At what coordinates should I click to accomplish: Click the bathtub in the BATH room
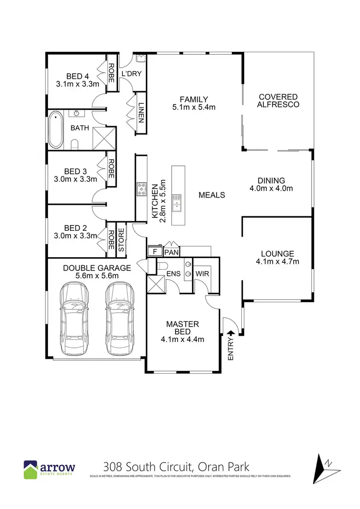pyautogui.click(x=55, y=130)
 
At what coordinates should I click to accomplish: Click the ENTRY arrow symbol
pyautogui.click(x=230, y=333)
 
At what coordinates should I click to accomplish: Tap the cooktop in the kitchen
pyautogui.click(x=142, y=189)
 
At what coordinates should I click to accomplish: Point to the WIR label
pyautogui.click(x=201, y=274)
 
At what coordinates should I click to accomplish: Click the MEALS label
pyautogui.click(x=212, y=195)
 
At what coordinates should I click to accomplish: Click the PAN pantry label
pyautogui.click(x=171, y=251)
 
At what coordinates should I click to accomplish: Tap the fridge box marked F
pyautogui.click(x=155, y=251)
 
